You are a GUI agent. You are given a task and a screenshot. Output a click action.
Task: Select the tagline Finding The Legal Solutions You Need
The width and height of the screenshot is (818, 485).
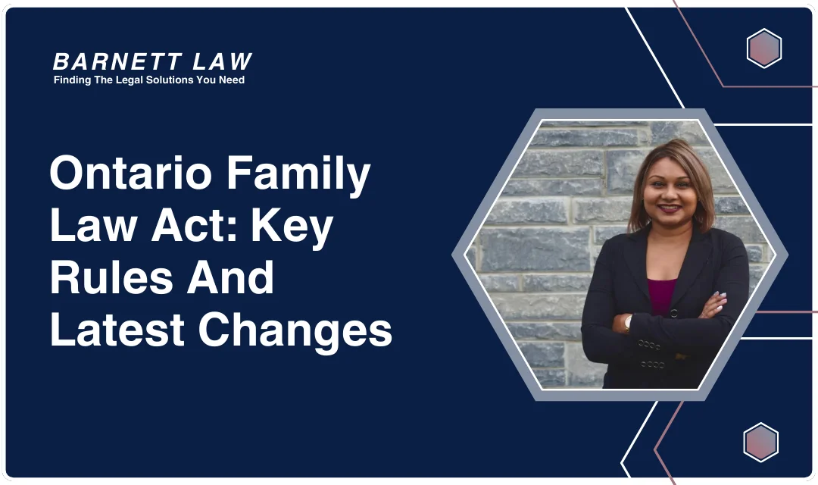tap(149, 80)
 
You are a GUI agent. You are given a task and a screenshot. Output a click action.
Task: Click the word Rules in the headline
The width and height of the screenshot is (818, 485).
tap(108, 277)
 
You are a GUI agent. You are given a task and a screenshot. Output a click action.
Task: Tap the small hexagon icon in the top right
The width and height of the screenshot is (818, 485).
tap(763, 48)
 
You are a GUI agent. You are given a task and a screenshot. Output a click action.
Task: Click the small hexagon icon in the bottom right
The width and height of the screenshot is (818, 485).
tap(760, 443)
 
